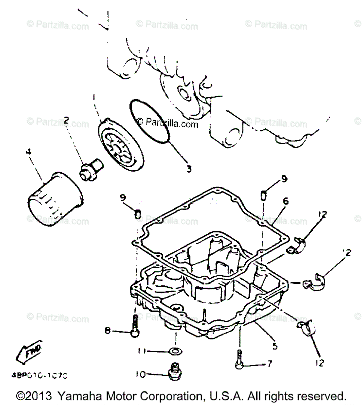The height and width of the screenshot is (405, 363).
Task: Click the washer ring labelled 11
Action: point(174,352)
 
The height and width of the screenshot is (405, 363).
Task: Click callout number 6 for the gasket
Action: point(286,201)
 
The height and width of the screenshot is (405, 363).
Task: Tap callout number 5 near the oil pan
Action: point(275,346)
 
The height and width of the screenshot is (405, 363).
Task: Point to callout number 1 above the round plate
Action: point(94,97)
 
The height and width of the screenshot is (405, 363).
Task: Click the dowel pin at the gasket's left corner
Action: point(138,214)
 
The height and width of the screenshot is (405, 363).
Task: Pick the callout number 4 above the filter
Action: point(28,152)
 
